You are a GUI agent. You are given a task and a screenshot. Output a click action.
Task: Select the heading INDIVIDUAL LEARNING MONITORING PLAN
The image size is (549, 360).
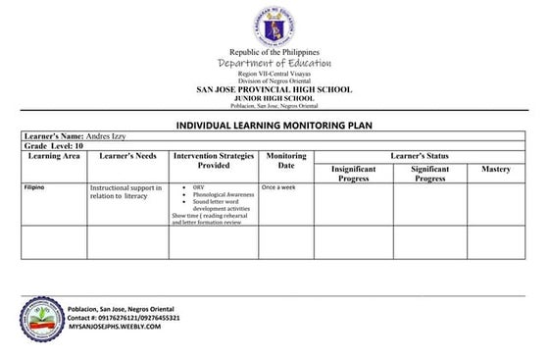pos(274,126)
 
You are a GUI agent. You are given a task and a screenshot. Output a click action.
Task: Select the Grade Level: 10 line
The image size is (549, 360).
pos(54,146)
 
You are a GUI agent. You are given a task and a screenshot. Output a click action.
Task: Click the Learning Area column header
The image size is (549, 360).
pos(54,156)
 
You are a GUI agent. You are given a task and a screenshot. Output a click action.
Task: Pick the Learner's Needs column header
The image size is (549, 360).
pos(127,156)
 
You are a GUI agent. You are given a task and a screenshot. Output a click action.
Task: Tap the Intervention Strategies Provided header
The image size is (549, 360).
pos(214,161)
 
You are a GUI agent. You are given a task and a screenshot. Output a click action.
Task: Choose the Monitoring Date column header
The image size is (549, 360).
pos(286,161)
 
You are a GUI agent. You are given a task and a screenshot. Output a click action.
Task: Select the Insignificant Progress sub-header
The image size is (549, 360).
pos(354,174)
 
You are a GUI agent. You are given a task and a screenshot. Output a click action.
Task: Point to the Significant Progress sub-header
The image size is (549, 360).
pos(429,174)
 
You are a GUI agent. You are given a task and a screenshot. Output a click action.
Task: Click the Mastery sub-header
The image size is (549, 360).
pos(496,170)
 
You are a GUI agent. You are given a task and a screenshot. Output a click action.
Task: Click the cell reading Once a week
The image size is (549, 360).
pos(277,186)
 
